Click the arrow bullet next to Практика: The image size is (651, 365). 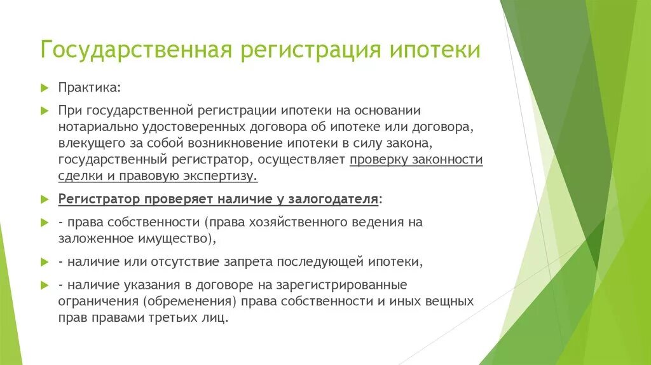[44, 86]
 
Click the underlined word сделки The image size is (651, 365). [77, 176]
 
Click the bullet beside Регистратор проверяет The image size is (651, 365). [44, 198]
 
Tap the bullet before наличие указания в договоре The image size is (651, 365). [44, 284]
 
